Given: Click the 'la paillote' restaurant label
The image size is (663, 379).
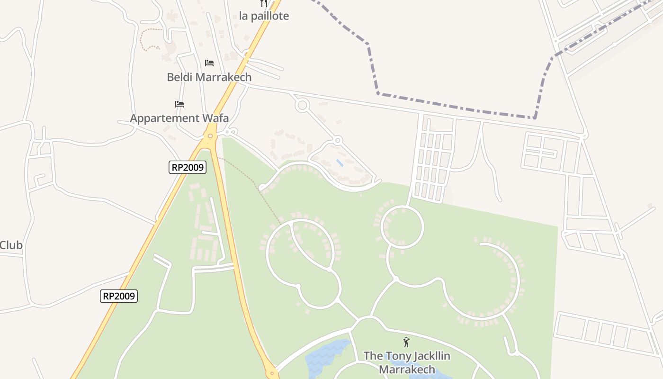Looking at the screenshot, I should tap(264, 16).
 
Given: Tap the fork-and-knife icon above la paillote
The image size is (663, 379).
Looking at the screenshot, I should tap(264, 3).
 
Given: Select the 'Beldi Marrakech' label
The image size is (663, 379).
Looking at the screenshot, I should tap(209, 77).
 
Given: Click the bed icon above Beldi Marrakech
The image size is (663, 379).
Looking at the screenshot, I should tap(209, 63).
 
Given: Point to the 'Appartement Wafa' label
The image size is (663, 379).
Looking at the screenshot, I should tap(179, 118).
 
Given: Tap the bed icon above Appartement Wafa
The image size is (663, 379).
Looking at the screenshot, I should tap(179, 104).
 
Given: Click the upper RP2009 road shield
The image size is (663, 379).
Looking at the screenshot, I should tap(188, 167).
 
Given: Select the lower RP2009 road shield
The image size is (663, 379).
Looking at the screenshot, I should tap(119, 296).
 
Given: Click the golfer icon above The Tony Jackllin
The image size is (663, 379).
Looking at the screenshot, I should tap(406, 342).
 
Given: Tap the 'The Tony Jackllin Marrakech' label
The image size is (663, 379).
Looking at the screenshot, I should tap(406, 362).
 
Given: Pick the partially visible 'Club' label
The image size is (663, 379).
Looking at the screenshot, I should tap(11, 245).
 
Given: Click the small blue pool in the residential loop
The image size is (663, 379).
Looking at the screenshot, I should tap(340, 163).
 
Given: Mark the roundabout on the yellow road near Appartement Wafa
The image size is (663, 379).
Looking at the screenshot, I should tap(210, 136).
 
